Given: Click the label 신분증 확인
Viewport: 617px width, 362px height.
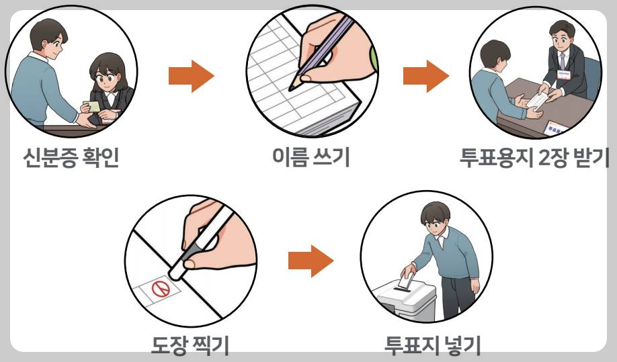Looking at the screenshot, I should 71,160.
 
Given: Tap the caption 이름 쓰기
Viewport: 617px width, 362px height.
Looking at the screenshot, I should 310,159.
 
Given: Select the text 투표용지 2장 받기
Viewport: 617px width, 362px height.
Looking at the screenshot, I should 534,160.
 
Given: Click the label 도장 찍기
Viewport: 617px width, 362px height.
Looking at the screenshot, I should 190,347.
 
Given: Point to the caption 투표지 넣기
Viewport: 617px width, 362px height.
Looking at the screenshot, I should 432,347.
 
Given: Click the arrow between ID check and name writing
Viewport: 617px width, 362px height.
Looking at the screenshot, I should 190,76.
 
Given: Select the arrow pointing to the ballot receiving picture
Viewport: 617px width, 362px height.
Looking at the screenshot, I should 425,76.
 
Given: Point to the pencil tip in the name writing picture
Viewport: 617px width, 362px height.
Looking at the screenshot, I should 294,86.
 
